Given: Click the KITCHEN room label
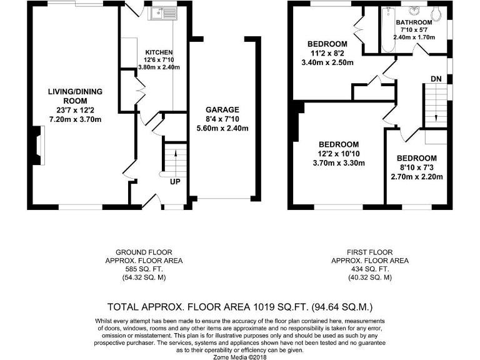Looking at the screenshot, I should [x=159, y=52].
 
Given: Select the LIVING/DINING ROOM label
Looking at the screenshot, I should [x=74, y=96].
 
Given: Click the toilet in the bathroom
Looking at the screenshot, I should [x=436, y=12].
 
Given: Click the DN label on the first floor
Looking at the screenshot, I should [x=436, y=79].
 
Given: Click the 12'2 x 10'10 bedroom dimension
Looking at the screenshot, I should [x=338, y=154].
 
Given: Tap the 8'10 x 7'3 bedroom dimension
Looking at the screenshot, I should [x=416, y=167].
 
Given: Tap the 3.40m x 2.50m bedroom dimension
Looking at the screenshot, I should [x=327, y=62].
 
